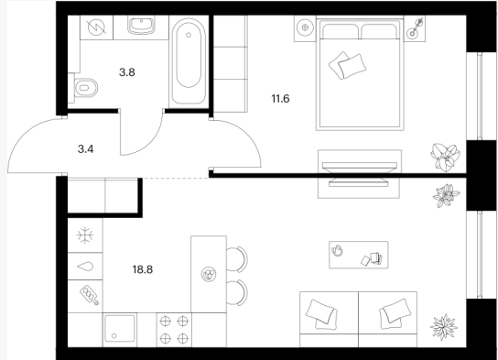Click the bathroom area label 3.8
pos(127,72)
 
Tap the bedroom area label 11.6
pos(280,99)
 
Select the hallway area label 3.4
pos(85,149)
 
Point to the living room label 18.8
pos(143,269)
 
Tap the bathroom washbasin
pos(141,26)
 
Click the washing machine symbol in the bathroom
pos(96,27)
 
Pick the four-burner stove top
pos(174,330)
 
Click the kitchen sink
pos(119,329)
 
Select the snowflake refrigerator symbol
pos(85,235)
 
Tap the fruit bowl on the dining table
pos(209,274)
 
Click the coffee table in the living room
pos(358,255)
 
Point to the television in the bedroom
pos(359,174)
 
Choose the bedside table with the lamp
pos(415,29)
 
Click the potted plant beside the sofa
pos(444,327)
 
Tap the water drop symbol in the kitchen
pos(85,267)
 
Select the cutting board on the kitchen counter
pos(90,295)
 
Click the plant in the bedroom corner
pos(445,158)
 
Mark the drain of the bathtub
pos(189,35)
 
